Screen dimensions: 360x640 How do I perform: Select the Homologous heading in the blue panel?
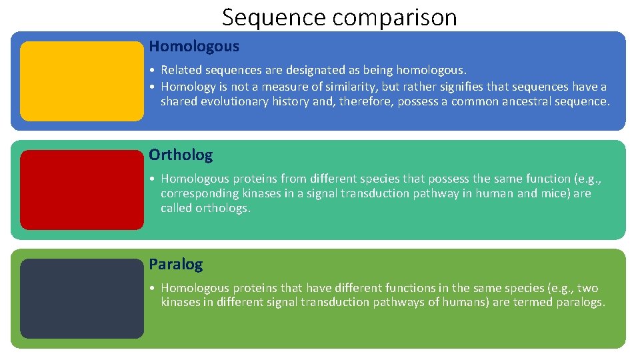(x=194, y=47)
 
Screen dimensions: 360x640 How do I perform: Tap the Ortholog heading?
(x=181, y=155)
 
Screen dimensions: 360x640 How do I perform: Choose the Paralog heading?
(x=176, y=265)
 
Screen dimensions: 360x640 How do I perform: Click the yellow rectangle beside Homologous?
(x=81, y=81)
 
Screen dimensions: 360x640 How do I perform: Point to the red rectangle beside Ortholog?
(x=81, y=189)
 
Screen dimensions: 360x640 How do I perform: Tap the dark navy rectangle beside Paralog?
(x=81, y=298)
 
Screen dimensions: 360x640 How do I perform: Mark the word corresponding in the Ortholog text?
(x=196, y=193)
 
